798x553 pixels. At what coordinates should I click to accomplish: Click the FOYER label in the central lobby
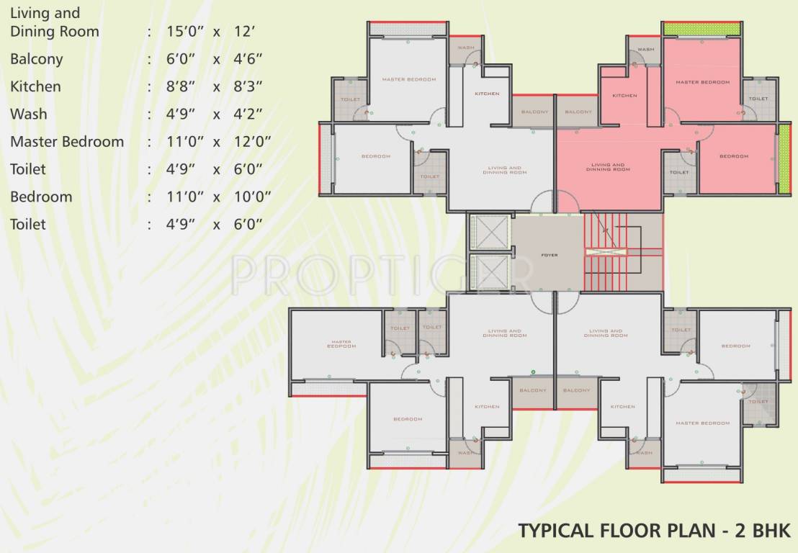(x=549, y=256)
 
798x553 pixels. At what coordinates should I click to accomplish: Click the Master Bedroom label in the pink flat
(x=702, y=83)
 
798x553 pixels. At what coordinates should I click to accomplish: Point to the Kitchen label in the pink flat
(x=624, y=96)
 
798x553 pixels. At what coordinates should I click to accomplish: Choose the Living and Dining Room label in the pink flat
(x=607, y=167)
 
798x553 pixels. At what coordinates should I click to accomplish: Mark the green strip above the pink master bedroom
(x=701, y=30)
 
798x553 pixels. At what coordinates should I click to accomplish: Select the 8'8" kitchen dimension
(x=182, y=87)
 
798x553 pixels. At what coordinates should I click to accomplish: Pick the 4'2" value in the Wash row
(x=248, y=114)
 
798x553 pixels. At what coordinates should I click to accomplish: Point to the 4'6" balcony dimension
(x=248, y=60)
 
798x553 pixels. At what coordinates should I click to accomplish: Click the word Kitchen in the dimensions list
(x=35, y=87)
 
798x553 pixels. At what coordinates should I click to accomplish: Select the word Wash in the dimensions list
(x=29, y=114)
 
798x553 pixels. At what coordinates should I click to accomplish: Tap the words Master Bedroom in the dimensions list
(x=67, y=142)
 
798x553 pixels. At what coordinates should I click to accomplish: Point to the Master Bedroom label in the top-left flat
(x=408, y=80)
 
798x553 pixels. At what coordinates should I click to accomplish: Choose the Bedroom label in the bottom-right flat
(x=736, y=346)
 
